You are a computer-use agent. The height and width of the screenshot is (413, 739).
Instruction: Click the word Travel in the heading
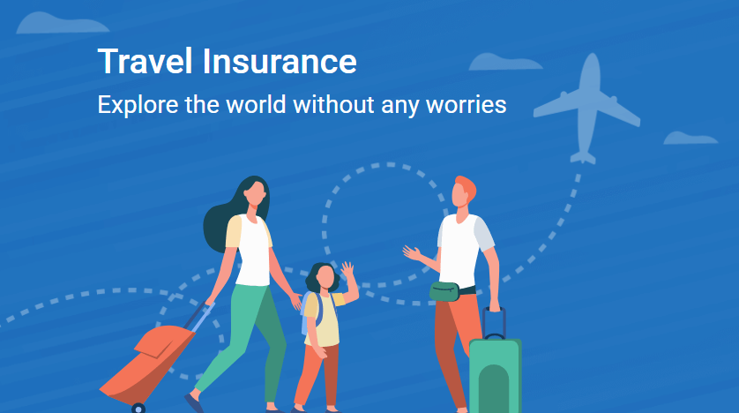pyautogui.click(x=145, y=61)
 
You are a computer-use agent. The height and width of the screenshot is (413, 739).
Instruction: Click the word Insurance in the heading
pyautogui.click(x=280, y=61)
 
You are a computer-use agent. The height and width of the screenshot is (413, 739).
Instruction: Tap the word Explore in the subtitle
pyautogui.click(x=138, y=105)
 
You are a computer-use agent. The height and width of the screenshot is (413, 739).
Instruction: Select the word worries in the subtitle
pyautogui.click(x=467, y=104)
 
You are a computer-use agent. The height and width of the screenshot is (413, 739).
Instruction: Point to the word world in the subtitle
pyautogui.click(x=256, y=104)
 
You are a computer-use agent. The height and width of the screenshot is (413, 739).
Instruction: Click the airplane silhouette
pyautogui.click(x=587, y=109)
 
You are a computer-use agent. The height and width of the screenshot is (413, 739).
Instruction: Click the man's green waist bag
pyautogui.click(x=444, y=291)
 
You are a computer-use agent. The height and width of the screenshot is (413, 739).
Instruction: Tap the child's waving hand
pyautogui.click(x=347, y=270)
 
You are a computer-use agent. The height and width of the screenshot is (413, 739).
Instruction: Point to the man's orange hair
pyautogui.click(x=467, y=185)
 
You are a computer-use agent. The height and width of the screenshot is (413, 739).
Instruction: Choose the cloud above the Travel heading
pyautogui.click(x=63, y=23)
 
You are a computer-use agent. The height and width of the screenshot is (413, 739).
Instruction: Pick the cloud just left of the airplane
pyautogui.click(x=505, y=63)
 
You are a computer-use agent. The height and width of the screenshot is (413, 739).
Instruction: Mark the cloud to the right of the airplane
pyautogui.click(x=690, y=139)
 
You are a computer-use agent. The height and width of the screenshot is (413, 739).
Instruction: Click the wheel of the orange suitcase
pyautogui.click(x=138, y=408)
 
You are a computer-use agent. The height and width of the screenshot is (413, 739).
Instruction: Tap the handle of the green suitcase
pyautogui.click(x=494, y=323)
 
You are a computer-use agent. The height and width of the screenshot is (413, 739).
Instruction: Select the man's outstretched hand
pyautogui.click(x=411, y=252)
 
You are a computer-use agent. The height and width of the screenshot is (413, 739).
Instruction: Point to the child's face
pyautogui.click(x=325, y=277)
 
